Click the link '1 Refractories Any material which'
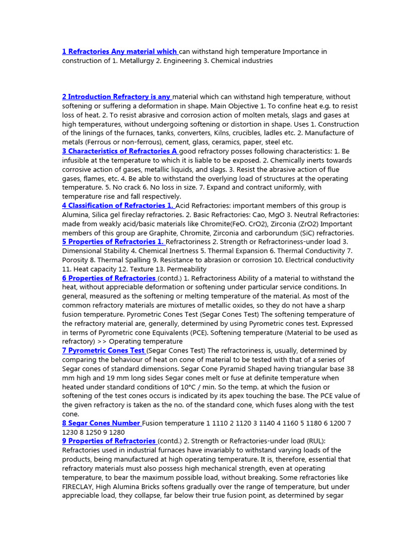tap(120, 52)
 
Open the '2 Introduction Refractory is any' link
tap(116, 97)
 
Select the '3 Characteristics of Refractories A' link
tap(120, 151)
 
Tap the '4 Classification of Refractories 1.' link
tap(118, 206)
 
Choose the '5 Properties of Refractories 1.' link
tap(113, 242)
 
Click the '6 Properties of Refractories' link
tap(109, 278)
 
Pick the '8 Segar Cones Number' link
tap(102, 423)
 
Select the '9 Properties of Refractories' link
tap(109, 441)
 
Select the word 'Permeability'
tap(184, 269)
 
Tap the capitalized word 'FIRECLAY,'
tap(79, 487)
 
